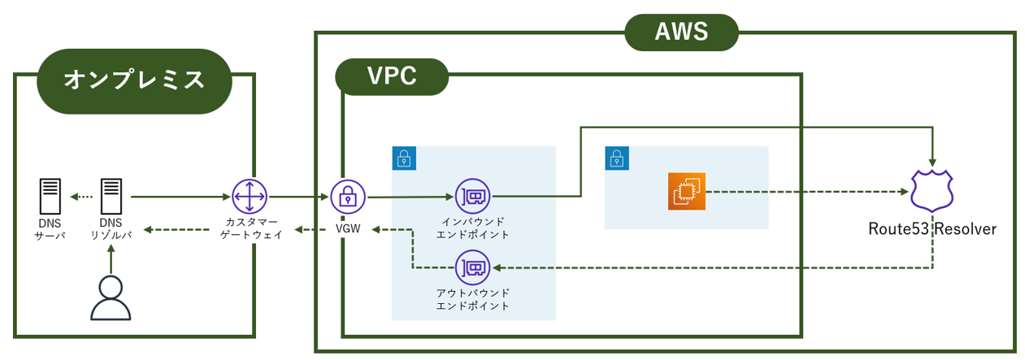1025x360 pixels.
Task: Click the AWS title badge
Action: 681,33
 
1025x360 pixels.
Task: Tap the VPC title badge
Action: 392,76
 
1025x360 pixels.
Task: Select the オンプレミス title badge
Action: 134,80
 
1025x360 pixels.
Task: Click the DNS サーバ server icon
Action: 50,197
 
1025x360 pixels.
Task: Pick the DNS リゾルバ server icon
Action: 111,197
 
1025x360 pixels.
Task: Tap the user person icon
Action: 111,298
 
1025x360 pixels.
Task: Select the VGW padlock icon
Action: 347,197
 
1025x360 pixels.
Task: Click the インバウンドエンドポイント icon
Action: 472,196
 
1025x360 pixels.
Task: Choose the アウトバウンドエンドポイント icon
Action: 472,267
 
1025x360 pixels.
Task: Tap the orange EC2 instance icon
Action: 686,192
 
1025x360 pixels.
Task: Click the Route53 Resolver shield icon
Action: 931,192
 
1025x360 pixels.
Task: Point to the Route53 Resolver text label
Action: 932,229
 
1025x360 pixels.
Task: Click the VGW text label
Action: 348,229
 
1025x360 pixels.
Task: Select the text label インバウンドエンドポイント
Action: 472,228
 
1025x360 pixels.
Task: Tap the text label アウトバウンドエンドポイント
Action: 472,299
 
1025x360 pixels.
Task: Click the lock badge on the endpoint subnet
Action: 403,158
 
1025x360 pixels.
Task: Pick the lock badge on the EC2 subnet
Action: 617,158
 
